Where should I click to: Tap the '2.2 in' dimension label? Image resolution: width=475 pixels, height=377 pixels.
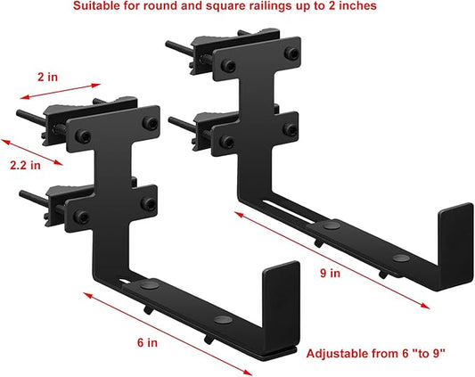(24, 164)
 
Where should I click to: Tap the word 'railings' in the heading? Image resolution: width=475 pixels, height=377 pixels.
(265, 6)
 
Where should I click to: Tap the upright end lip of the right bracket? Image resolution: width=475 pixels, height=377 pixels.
(455, 235)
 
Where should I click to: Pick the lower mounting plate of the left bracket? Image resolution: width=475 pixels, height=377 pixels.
(112, 204)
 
